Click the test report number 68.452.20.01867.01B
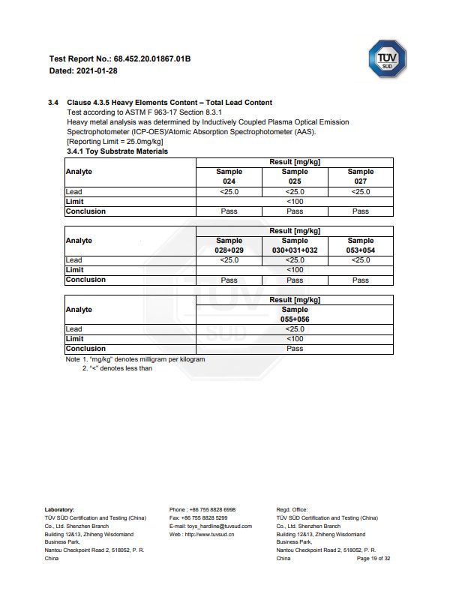(x=151, y=58)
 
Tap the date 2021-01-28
(x=97, y=70)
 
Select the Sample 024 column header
(x=229, y=176)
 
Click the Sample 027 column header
(x=361, y=176)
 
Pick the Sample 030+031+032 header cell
(x=295, y=245)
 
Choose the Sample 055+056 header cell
(x=295, y=314)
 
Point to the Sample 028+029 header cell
(x=229, y=245)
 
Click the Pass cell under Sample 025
(x=295, y=211)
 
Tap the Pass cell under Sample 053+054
(x=361, y=280)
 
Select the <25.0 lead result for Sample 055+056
(x=295, y=329)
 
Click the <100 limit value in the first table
(x=295, y=202)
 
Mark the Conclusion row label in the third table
(x=85, y=349)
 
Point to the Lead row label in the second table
(x=74, y=260)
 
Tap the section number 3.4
(x=53, y=103)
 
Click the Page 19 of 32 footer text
(x=373, y=559)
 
